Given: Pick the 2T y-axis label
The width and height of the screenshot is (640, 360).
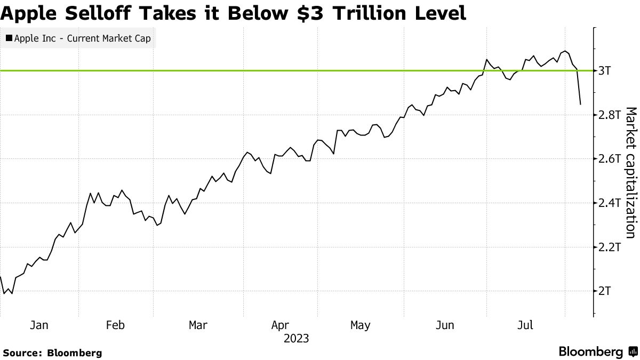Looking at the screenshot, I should [x=605, y=291].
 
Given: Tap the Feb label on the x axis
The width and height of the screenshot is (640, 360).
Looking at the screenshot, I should [x=116, y=325].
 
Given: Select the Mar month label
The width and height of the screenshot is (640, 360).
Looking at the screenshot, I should [x=198, y=325].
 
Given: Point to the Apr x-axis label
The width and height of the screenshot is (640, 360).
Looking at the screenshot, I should [x=281, y=325].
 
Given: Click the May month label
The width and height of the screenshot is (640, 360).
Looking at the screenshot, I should [x=360, y=325].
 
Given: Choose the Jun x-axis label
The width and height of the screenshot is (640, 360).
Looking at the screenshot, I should [x=445, y=325].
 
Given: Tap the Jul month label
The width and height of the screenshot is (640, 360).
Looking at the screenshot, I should [x=526, y=325].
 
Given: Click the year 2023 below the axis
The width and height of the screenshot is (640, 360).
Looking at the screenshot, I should [x=296, y=339].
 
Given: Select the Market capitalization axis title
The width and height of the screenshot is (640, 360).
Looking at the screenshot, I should [x=630, y=172].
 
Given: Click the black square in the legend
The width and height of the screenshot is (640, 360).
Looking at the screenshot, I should [x=9, y=38].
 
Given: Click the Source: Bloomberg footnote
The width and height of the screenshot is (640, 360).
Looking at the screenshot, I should [x=52, y=353].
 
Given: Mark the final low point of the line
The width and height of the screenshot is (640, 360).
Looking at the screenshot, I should [x=580, y=104].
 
